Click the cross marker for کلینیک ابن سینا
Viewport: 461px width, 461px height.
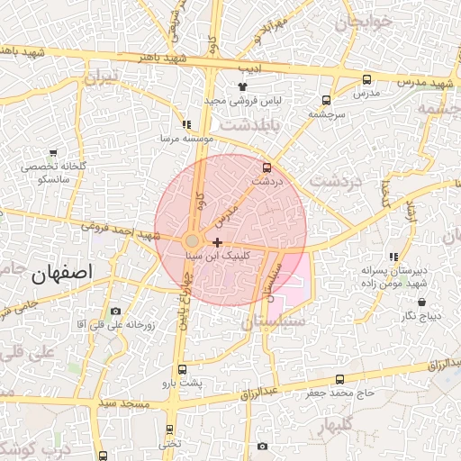click(217, 242)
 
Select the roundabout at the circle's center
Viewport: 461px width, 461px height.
click(192, 241)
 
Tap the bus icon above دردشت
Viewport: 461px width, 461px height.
click(266, 167)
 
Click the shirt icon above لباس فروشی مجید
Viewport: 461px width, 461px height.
click(242, 86)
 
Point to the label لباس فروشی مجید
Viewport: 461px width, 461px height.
click(242, 100)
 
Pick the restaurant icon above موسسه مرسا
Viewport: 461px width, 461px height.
click(186, 125)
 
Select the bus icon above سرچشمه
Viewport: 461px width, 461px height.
click(325, 101)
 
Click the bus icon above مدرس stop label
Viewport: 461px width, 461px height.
click(366, 79)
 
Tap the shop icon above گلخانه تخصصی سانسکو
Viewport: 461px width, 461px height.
click(53, 153)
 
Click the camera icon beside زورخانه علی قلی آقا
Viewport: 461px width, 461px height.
click(115, 311)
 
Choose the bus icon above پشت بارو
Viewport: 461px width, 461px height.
click(182, 369)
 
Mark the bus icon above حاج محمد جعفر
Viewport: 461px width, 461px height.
click(339, 379)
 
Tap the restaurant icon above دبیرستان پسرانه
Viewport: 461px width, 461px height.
click(393, 258)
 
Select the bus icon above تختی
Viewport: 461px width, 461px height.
click(169, 429)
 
